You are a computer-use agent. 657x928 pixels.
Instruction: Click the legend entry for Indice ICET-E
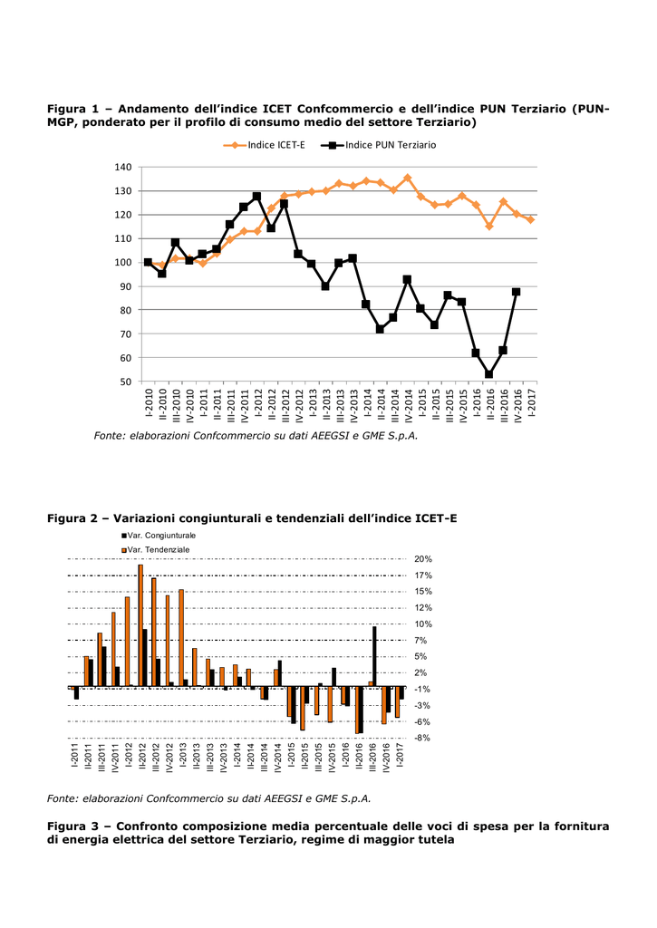click(265, 145)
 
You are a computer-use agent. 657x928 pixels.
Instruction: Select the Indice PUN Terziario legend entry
click(378, 145)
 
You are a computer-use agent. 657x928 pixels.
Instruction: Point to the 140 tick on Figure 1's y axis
click(123, 168)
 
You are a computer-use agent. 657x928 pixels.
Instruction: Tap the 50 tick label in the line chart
click(126, 382)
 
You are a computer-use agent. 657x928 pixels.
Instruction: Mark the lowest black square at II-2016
click(489, 374)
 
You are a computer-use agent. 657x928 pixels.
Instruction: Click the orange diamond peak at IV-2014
click(407, 178)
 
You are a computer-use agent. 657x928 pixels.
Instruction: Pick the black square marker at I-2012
click(256, 196)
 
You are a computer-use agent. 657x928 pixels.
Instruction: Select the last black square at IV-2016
click(517, 292)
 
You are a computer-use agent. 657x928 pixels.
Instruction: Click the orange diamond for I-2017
click(530, 219)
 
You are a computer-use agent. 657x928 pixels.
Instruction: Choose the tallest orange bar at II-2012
click(140, 625)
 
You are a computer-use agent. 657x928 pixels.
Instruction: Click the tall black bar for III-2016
click(374, 656)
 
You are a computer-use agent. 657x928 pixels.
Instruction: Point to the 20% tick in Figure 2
click(423, 559)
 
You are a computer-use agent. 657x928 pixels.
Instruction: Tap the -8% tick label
click(422, 738)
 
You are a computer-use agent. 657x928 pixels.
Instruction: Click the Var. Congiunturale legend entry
click(159, 536)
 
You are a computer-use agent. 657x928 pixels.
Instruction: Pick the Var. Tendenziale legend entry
click(156, 550)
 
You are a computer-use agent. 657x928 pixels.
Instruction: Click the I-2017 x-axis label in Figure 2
click(401, 755)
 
